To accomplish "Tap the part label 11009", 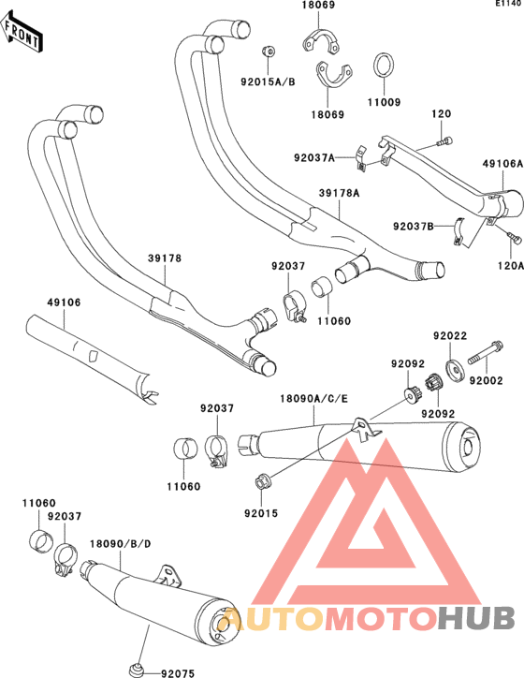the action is (x=384, y=102).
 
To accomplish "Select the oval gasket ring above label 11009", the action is (x=383, y=66).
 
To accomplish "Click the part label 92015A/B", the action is (x=268, y=81).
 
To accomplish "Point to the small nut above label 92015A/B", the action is (x=268, y=52).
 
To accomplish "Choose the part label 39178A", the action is (x=339, y=193).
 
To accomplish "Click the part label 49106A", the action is (x=502, y=164).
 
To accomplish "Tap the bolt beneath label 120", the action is (x=445, y=141).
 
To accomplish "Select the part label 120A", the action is (x=511, y=266).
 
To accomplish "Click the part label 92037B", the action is (x=414, y=226).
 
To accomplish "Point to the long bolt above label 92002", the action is (x=485, y=353).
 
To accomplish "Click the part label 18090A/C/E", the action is (x=313, y=399).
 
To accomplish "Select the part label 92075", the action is (x=178, y=673).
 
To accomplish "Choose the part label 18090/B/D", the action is (x=121, y=543).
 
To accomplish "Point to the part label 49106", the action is (x=64, y=302).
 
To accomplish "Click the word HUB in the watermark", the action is (x=476, y=618).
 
